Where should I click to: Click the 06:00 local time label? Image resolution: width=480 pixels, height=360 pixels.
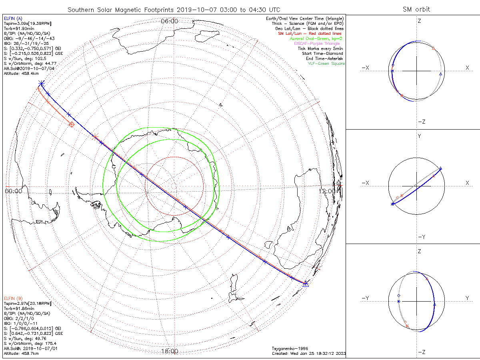click(169, 21)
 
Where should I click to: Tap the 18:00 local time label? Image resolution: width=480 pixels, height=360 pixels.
click(169, 351)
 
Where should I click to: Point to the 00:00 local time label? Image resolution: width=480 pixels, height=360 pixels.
click(13, 191)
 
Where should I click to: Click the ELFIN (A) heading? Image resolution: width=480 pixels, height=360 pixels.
click(13, 18)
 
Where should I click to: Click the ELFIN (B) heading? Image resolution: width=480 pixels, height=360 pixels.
click(13, 298)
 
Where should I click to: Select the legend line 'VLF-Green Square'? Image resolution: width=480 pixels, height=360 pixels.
click(326, 64)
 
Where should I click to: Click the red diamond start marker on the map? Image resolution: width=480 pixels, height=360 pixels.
click(72, 124)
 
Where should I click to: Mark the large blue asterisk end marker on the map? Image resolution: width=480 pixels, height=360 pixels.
click(41, 83)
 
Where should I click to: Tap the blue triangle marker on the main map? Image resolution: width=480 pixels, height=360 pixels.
click(306, 283)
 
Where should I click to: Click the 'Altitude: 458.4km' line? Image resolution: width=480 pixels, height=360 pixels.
click(22, 73)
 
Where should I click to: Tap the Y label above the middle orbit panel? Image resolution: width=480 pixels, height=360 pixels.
click(419, 136)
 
